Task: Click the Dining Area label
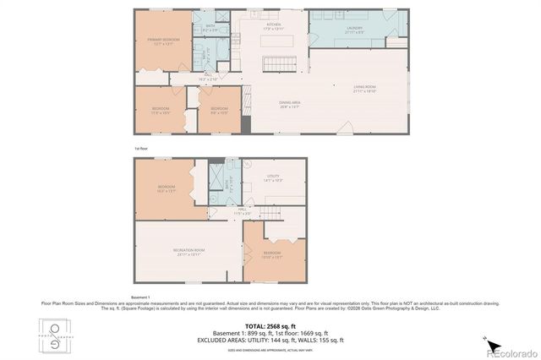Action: (290, 105)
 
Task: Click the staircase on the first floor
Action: (276, 64)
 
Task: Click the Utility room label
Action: (272, 178)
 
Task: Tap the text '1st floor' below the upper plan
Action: (140, 148)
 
